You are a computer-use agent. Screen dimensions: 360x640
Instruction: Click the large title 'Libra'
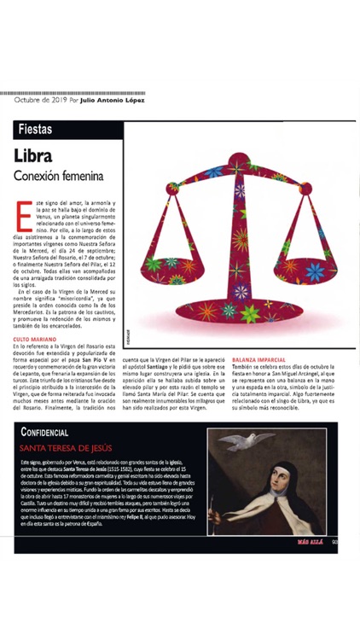click(33, 156)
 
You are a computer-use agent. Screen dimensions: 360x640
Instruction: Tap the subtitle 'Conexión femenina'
click(59, 177)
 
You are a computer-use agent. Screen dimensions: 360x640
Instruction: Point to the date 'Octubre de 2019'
click(41, 100)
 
